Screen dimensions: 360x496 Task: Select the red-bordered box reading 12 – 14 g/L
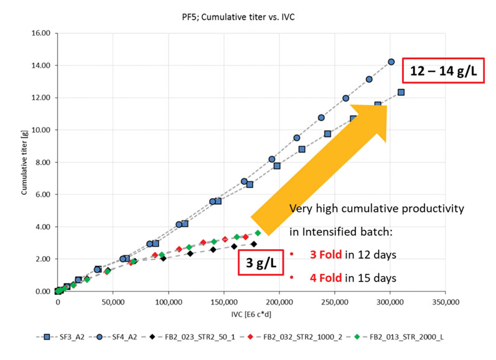[x=444, y=71]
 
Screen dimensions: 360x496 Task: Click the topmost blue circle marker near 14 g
[x=391, y=62]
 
